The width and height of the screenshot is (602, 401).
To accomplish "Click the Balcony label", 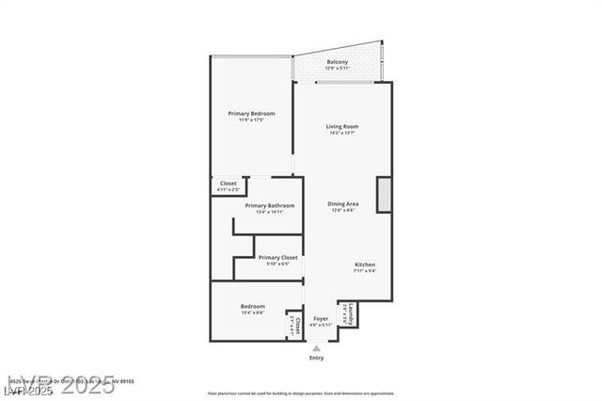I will coord(337,62).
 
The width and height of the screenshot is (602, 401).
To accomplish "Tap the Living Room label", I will coord(342,126).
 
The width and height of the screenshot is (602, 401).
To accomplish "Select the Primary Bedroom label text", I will coord(251,114).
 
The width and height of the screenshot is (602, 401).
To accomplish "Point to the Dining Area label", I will coord(342,204).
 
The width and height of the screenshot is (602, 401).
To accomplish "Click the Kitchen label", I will coord(365,265).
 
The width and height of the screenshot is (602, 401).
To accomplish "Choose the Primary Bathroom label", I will coord(269,205).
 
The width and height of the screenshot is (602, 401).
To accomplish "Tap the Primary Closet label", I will coord(277,257).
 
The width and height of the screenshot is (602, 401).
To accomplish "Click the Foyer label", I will coord(321,319).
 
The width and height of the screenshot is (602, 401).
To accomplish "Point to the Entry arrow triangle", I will coord(316,347).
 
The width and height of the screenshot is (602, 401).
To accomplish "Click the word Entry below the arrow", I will coord(316,358).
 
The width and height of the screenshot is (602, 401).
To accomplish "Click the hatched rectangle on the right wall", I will coord(384,194).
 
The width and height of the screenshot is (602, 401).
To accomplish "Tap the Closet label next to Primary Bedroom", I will coord(229,184).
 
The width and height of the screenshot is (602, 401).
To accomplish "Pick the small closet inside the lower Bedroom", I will coord(295,326).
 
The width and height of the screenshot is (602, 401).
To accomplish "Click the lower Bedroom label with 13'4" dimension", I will coord(252,306).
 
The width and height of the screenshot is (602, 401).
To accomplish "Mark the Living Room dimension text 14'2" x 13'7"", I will coord(342,133).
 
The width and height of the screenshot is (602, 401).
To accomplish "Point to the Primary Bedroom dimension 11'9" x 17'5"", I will coord(251,120).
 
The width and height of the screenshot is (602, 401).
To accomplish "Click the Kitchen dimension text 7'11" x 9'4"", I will coord(365,271).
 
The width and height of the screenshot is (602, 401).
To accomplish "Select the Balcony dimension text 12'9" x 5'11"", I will coord(337,69).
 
